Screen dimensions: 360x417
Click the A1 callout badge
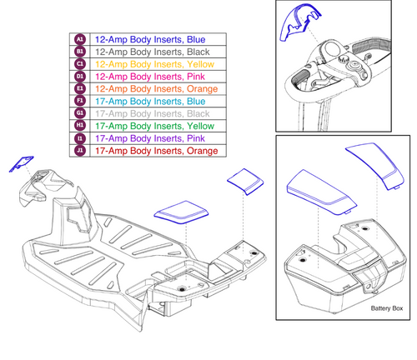[x=80, y=39]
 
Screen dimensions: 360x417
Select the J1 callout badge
[x=80, y=151]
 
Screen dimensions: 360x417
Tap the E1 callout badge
[x=80, y=88]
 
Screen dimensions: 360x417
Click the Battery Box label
[x=385, y=309]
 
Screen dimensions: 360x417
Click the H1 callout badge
[x=80, y=126]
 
